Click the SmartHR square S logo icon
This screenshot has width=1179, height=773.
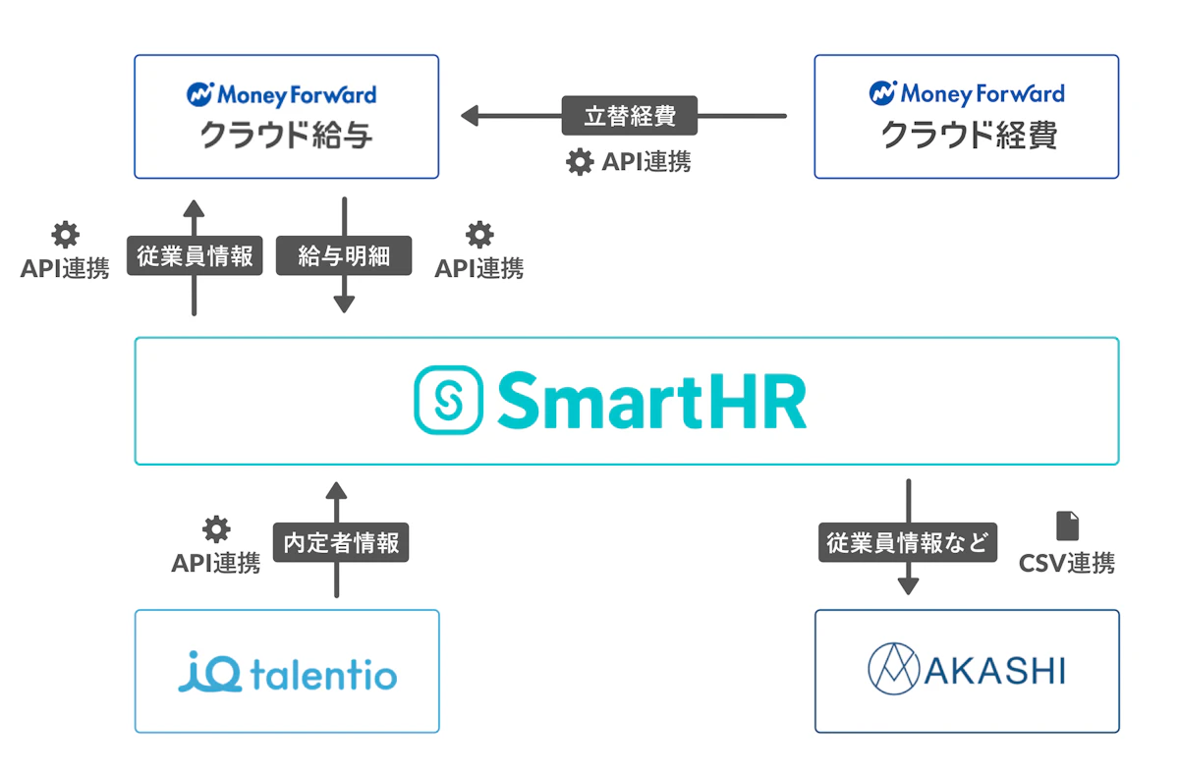coord(448,400)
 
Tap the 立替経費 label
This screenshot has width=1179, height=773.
coord(630,116)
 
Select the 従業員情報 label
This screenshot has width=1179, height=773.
coord(195,255)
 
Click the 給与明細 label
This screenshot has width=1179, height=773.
coord(344,255)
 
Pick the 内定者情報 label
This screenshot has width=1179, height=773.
coord(341,542)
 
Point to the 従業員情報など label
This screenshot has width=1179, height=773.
coord(908,542)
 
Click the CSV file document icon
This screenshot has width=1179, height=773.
coord(1067,525)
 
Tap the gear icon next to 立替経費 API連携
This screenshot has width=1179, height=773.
coord(580,162)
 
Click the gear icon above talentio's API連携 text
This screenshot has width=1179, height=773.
coord(216,528)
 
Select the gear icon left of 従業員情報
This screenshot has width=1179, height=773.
coord(65,235)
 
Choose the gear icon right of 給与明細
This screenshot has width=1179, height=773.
coord(479,235)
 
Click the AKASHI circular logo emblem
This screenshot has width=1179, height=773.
coord(894,669)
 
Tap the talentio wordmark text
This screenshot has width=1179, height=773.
coord(323,675)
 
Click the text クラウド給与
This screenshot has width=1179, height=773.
coord(286,136)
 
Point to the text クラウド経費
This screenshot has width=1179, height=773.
coord(969,136)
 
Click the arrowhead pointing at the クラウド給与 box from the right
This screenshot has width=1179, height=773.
coord(470,116)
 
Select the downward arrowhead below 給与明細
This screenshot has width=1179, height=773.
coord(344,304)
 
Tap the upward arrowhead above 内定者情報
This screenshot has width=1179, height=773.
coord(336,490)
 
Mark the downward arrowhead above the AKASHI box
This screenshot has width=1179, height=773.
coord(909,586)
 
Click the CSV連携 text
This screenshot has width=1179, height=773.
coord(1067,563)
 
